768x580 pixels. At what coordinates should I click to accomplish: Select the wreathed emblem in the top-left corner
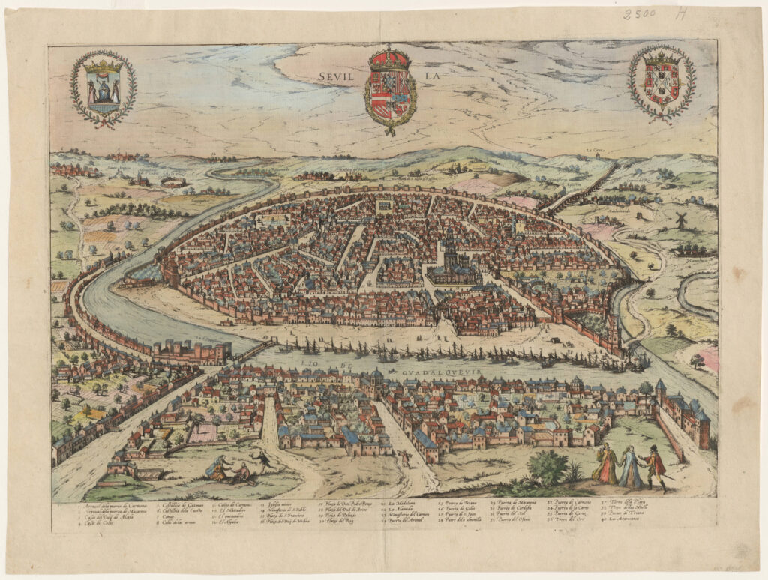(x=103, y=88)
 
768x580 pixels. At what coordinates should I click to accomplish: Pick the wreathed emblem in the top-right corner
(x=661, y=82)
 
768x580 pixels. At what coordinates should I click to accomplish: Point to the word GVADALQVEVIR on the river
(x=440, y=369)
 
